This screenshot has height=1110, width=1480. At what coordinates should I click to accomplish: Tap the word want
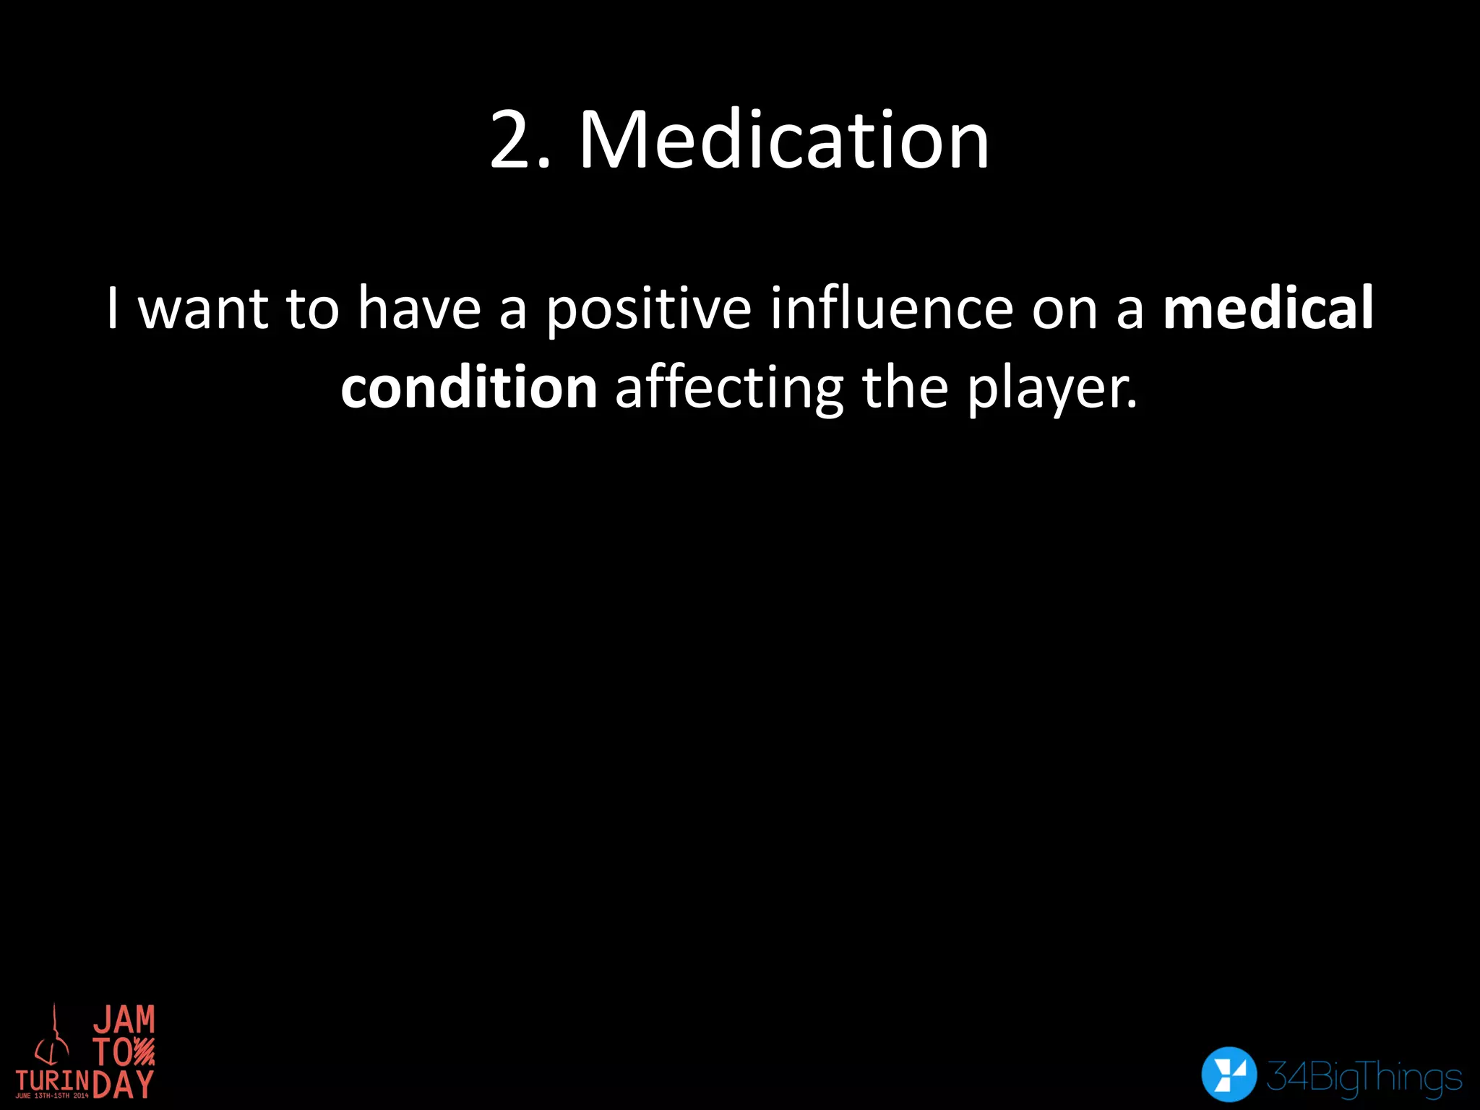(x=203, y=309)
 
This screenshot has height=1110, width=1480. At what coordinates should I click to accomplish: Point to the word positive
(x=649, y=309)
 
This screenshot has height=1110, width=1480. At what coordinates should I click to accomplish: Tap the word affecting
(x=729, y=389)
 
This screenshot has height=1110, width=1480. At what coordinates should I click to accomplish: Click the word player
(x=1052, y=389)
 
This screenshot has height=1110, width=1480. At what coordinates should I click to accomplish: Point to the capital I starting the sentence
(x=112, y=308)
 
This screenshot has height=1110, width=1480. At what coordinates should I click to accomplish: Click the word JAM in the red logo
(x=124, y=1020)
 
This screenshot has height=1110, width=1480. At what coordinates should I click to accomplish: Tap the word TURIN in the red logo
(x=53, y=1081)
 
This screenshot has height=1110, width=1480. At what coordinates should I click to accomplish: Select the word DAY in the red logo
(x=124, y=1084)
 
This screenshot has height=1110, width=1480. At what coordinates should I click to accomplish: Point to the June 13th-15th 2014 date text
(x=52, y=1096)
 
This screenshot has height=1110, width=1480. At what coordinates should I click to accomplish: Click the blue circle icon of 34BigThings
(x=1229, y=1074)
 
